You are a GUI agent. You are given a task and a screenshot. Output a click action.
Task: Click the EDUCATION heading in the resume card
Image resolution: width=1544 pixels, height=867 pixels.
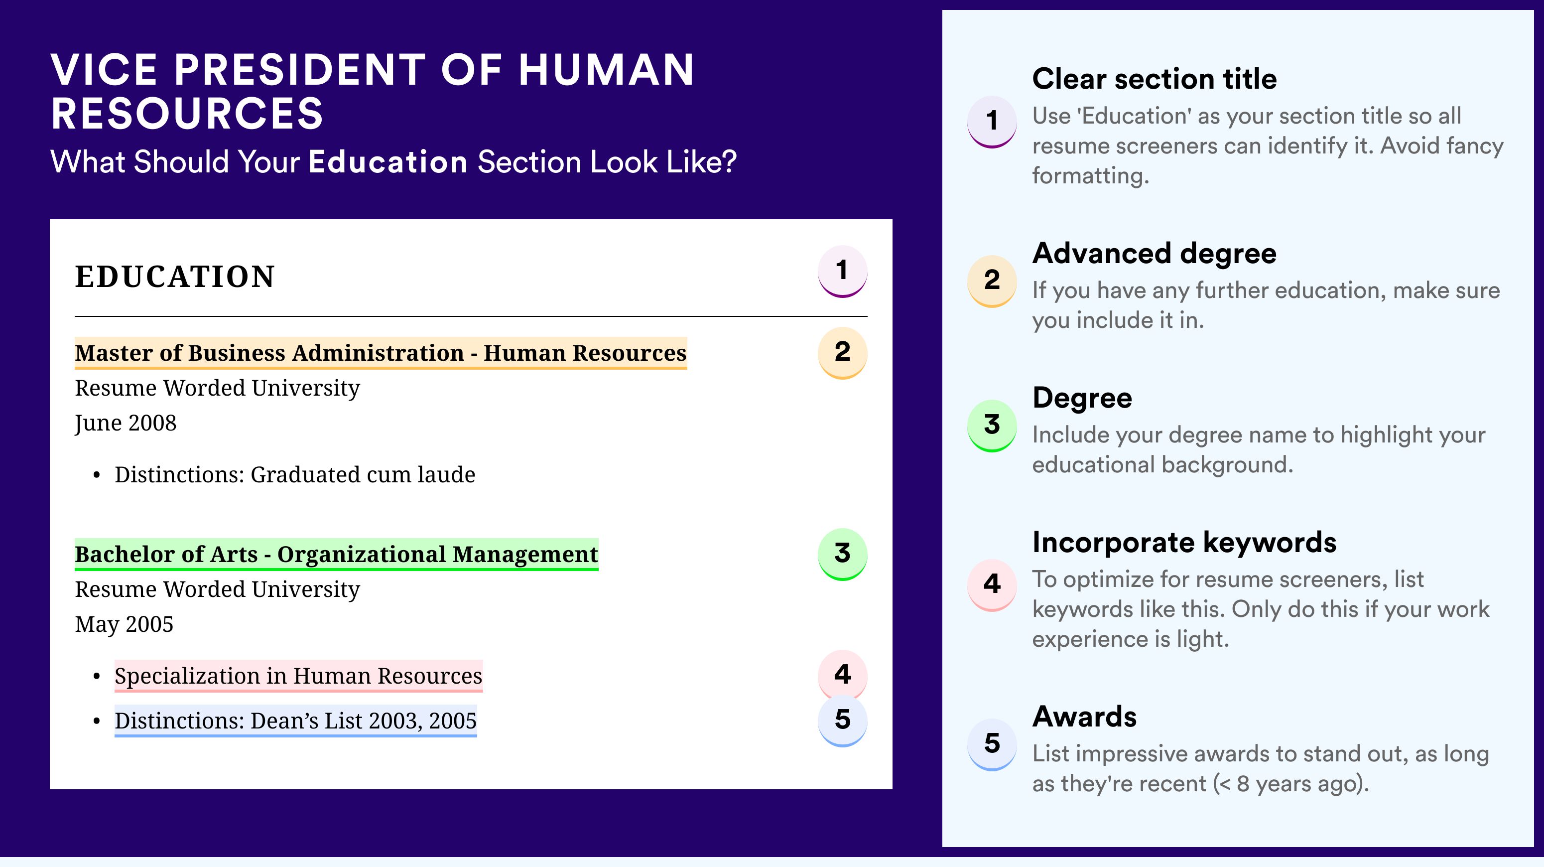pyautogui.click(x=174, y=277)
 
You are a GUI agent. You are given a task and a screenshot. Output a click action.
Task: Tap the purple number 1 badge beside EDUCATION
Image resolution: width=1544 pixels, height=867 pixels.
pyautogui.click(x=842, y=271)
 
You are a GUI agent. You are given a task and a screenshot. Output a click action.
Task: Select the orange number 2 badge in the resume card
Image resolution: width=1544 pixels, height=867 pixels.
pyautogui.click(x=842, y=353)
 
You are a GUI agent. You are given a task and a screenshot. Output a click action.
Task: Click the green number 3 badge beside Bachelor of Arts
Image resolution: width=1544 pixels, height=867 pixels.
pyautogui.click(x=842, y=554)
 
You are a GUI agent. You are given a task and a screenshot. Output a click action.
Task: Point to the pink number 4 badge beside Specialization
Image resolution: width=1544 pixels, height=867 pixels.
pyautogui.click(x=842, y=675)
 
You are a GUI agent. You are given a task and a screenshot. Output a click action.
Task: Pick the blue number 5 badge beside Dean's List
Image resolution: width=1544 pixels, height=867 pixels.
pyautogui.click(x=842, y=721)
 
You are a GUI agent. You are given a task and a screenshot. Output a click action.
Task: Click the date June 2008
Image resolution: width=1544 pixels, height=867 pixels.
pyautogui.click(x=126, y=424)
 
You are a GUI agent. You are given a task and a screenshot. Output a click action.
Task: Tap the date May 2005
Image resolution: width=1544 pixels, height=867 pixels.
pyautogui.click(x=124, y=625)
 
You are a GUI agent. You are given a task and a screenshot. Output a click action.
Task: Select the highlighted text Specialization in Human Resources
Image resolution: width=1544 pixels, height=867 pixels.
pyautogui.click(x=298, y=676)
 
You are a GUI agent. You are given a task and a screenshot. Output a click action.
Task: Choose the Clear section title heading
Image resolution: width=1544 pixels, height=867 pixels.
pyautogui.click(x=1155, y=79)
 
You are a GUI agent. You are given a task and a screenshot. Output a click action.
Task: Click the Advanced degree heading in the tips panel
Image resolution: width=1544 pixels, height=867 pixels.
pyautogui.click(x=1155, y=254)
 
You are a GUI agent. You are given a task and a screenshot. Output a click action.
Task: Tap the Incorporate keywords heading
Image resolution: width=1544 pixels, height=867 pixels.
pyautogui.click(x=1184, y=543)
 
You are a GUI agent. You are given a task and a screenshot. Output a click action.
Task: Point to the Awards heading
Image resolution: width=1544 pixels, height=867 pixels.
pyautogui.click(x=1084, y=717)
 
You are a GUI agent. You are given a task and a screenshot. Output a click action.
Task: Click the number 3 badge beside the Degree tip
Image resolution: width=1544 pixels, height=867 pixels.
pyautogui.click(x=992, y=425)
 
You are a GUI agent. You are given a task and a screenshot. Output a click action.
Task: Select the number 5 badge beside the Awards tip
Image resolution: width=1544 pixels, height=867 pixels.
pyautogui.click(x=992, y=744)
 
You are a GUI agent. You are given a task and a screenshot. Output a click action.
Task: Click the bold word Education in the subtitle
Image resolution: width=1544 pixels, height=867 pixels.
pyautogui.click(x=388, y=162)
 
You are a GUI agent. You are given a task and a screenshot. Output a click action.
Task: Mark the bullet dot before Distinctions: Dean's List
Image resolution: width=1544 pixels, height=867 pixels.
pyautogui.click(x=97, y=722)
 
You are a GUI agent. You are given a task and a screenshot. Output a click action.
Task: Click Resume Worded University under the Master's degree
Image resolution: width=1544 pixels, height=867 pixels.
pyautogui.click(x=217, y=389)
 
